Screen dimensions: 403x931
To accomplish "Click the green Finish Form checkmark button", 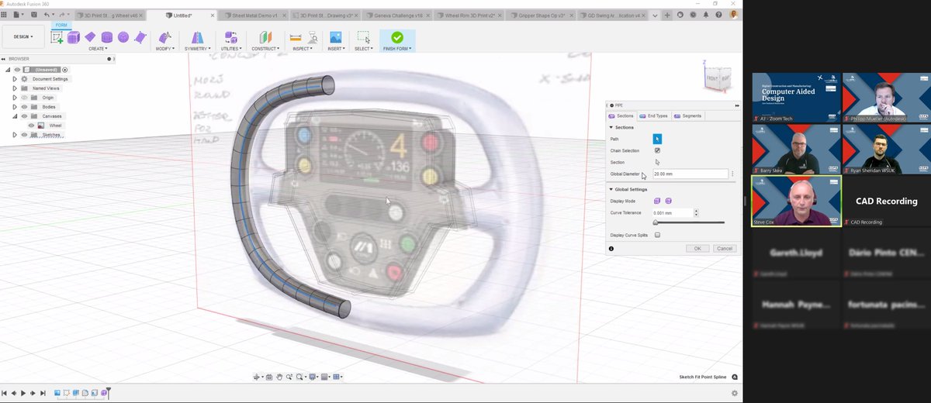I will [x=397, y=37].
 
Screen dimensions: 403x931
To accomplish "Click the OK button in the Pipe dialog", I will [x=697, y=248].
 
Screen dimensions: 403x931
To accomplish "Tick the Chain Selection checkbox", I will [x=657, y=150].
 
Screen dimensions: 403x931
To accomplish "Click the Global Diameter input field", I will [x=690, y=174].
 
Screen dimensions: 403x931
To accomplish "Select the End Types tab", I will [x=654, y=115].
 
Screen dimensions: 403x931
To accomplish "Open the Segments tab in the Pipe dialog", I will [x=688, y=115].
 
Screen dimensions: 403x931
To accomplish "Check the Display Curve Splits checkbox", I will [x=657, y=235].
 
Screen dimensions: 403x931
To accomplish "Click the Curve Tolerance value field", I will [x=672, y=212].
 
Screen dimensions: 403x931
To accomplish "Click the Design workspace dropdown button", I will [x=23, y=36].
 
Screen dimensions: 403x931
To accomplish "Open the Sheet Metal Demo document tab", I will [x=254, y=15].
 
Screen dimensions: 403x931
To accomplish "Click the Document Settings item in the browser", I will [x=50, y=79].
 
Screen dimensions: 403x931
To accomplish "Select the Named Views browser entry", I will [x=46, y=88].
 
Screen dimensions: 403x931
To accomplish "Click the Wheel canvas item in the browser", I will [x=56, y=125].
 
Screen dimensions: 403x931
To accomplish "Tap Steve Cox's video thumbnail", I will [x=796, y=200].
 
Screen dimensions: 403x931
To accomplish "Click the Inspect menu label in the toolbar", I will [x=302, y=49].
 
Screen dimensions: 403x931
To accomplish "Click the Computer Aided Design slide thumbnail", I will [x=796, y=97].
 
